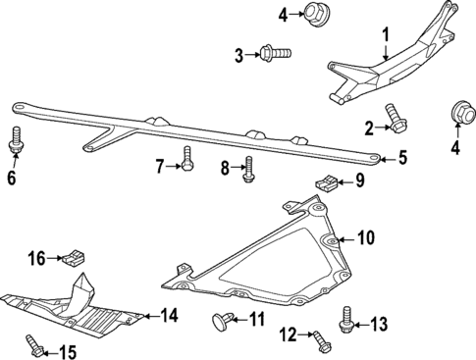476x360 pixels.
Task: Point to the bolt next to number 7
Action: coord(187,158)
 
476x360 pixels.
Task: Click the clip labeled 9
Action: coord(326,181)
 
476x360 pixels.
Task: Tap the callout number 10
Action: coord(365,236)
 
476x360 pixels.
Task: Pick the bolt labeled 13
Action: coord(346,319)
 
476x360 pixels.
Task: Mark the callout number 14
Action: coord(170,316)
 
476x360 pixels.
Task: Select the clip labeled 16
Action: coord(72,259)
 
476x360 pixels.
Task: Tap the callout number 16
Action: coord(36,259)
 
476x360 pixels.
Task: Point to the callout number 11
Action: coord(257,319)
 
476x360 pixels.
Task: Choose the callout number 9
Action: coord(359,180)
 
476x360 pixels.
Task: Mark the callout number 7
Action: coord(160,168)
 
